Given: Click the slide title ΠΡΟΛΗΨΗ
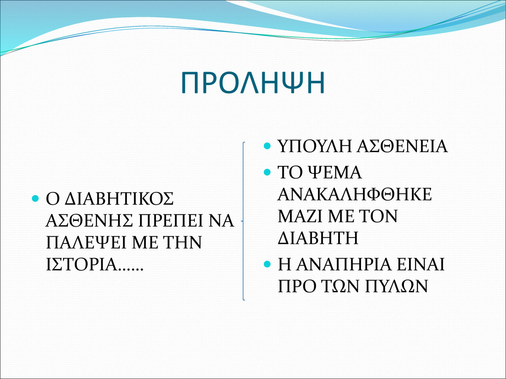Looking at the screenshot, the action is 253,83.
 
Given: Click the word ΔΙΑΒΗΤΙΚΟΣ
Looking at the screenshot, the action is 119,199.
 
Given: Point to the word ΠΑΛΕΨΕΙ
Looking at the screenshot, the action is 86,242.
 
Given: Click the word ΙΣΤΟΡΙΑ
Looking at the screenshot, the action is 82,264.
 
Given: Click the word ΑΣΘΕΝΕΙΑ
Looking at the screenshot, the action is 402,146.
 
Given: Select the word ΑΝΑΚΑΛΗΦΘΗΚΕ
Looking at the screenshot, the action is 355,194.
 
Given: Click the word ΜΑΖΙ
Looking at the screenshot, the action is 300,216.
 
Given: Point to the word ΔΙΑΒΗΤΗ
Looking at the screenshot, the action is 318,238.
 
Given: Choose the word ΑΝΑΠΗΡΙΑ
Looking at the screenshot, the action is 344,264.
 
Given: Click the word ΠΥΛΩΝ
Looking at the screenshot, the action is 396,286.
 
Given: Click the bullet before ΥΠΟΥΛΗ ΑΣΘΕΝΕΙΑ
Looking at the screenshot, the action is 267,146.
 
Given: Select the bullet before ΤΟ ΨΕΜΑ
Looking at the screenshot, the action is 267,172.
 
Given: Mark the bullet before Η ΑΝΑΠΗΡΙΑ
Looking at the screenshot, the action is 267,264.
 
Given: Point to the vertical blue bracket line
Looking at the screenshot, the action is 243,221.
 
